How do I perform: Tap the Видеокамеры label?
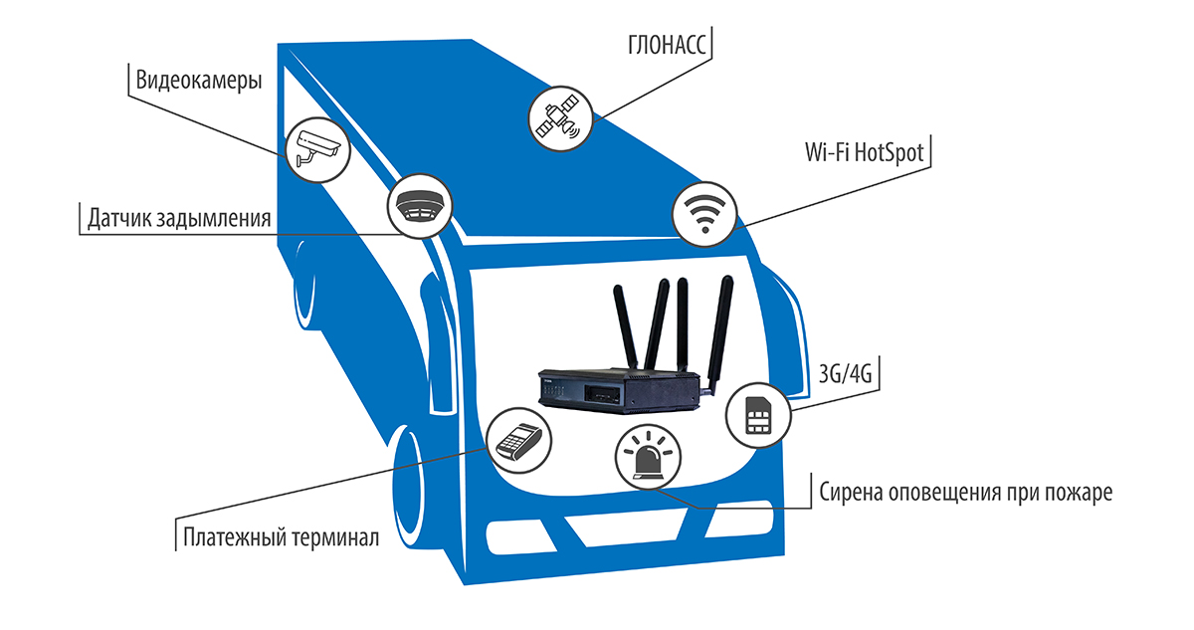click(199, 81)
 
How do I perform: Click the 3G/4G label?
click(845, 376)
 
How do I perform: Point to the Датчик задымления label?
click(180, 218)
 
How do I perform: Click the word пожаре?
click(1075, 492)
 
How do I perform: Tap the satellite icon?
click(558, 117)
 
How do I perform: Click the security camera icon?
click(315, 149)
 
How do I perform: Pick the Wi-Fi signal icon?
click(704, 213)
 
